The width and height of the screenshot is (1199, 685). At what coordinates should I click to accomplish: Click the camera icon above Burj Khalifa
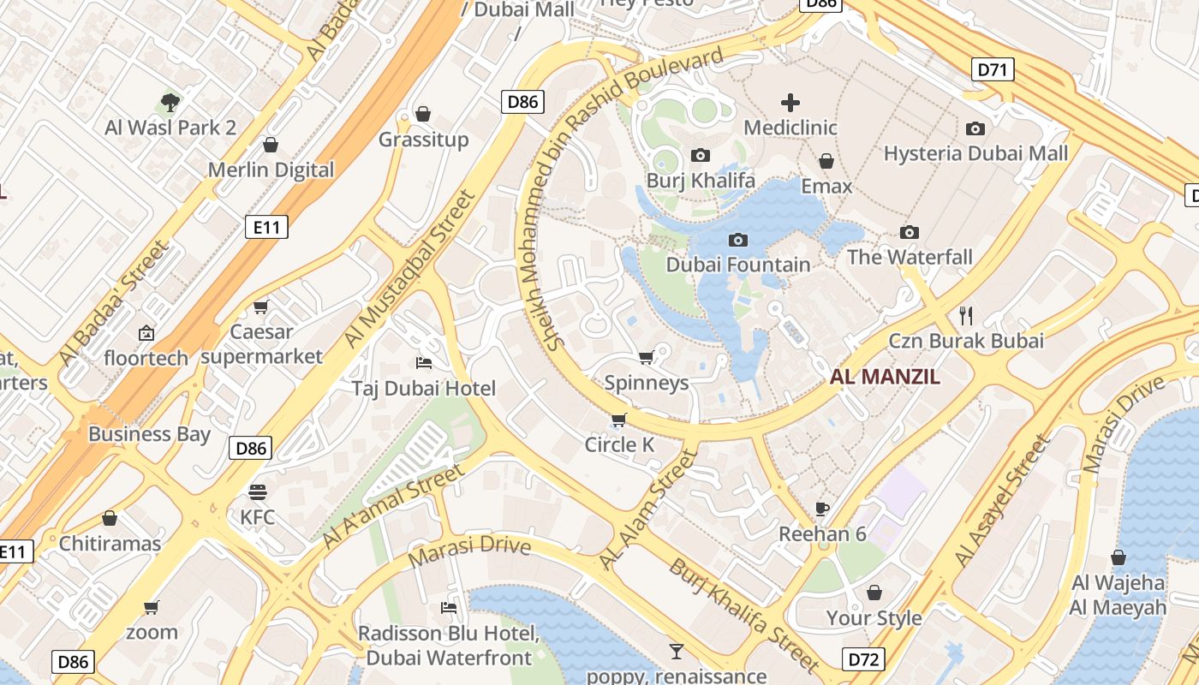pos(701,156)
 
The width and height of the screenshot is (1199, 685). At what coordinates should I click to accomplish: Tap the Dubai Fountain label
pos(737,265)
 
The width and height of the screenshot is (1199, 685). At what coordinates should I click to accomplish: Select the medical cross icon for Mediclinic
pos(790,104)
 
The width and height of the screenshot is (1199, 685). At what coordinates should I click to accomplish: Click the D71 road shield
pos(993,69)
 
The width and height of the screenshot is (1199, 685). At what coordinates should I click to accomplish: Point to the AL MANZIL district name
pos(885,376)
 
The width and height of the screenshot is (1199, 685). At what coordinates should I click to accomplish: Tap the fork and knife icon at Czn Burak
pos(967,315)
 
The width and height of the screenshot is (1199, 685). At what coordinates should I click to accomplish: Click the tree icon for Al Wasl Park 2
pos(170,103)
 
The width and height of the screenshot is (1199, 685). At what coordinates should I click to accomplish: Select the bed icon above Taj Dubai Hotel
pos(423,363)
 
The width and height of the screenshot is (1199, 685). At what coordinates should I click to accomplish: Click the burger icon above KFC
pos(257,492)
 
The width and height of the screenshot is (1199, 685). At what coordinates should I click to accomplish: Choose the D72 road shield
pos(864,658)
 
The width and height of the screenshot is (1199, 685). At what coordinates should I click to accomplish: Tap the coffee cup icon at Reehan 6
pos(822,509)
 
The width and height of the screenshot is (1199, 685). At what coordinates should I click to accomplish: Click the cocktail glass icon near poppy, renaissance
pos(676,652)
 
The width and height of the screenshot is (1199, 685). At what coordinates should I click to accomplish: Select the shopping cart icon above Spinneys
pos(646,357)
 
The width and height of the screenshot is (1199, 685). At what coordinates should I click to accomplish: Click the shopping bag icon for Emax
pos(826,161)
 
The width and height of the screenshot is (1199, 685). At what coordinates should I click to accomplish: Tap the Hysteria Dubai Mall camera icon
pos(975,129)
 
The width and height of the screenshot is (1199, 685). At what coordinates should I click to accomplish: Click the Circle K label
pos(619,444)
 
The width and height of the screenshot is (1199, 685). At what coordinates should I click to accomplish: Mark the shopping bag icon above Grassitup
pos(423,114)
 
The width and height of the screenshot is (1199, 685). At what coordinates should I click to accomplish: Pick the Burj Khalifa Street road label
pos(744,614)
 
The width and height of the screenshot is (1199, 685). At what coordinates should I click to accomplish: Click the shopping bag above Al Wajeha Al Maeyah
pos(1118,558)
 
